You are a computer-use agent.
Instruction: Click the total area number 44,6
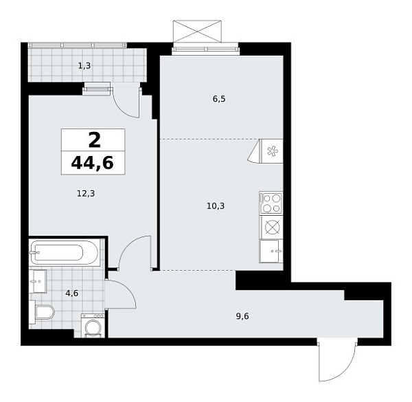tap(93, 163)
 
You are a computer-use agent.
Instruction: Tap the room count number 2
tap(93, 139)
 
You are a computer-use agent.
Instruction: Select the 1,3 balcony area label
tap(84, 66)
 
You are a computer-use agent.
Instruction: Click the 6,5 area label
tap(219, 99)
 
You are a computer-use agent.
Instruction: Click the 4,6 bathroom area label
tap(71, 293)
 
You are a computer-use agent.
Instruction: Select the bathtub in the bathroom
tap(65, 252)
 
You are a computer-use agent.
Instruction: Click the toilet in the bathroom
tap(43, 314)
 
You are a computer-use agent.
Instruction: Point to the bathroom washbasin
tap(38, 280)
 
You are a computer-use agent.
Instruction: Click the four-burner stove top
tap(271, 203)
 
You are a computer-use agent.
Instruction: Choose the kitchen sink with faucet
tap(272, 250)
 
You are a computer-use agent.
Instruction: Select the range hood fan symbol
tap(271, 151)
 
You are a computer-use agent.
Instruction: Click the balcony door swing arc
tap(128, 102)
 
